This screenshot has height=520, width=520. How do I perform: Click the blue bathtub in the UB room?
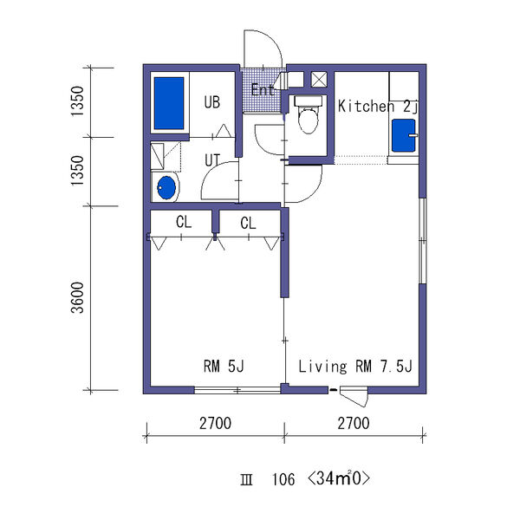[169, 103]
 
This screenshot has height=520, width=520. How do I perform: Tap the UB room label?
[212, 102]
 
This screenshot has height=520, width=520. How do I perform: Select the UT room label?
[212, 160]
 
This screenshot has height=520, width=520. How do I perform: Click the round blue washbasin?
[166, 188]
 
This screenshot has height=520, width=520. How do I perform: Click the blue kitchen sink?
[404, 135]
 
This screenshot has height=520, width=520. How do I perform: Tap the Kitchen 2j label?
[378, 107]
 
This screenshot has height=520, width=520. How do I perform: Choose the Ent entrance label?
[263, 90]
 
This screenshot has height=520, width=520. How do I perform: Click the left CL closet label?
[184, 222]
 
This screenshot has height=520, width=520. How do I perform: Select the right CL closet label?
[248, 224]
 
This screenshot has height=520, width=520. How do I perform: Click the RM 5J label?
[224, 366]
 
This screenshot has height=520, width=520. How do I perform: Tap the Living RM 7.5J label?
[355, 367]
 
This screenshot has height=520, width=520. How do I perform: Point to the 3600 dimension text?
[78, 298]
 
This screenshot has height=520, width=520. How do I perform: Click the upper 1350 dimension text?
[78, 101]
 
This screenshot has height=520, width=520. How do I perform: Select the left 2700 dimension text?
[215, 424]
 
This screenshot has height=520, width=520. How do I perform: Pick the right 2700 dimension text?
[354, 424]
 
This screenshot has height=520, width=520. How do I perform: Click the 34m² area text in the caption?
[338, 478]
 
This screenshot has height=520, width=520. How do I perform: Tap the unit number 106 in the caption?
[283, 479]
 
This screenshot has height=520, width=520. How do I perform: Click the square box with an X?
[319, 80]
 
